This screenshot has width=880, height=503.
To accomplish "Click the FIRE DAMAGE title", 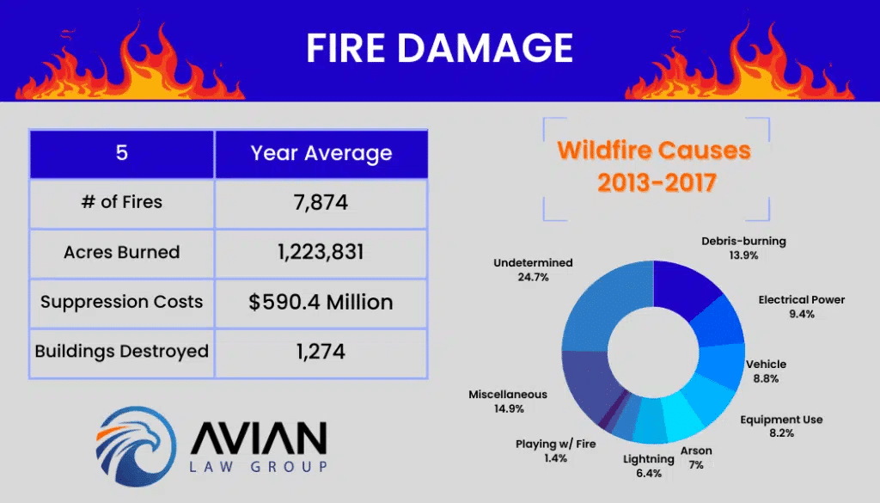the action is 439,47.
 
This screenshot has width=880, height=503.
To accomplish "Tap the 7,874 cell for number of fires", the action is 321,202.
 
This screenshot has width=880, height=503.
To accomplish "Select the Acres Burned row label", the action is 122,252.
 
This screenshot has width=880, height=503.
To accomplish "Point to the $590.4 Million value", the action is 321,302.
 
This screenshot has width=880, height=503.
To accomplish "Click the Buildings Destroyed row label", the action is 122,352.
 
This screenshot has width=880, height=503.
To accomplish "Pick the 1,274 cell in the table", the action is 321,352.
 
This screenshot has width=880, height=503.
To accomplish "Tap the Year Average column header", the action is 321,153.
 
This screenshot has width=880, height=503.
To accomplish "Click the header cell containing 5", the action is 122,153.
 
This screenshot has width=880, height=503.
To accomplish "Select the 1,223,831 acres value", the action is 321,252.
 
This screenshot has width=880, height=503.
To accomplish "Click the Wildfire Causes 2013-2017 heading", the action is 654,166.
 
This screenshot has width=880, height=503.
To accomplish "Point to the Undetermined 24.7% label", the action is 533,269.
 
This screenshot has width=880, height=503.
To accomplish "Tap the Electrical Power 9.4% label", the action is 802,306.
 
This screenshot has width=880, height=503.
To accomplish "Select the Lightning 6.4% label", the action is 649,466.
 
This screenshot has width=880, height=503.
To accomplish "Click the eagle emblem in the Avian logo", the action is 136,446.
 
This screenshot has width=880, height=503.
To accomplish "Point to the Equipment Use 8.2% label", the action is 781,426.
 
